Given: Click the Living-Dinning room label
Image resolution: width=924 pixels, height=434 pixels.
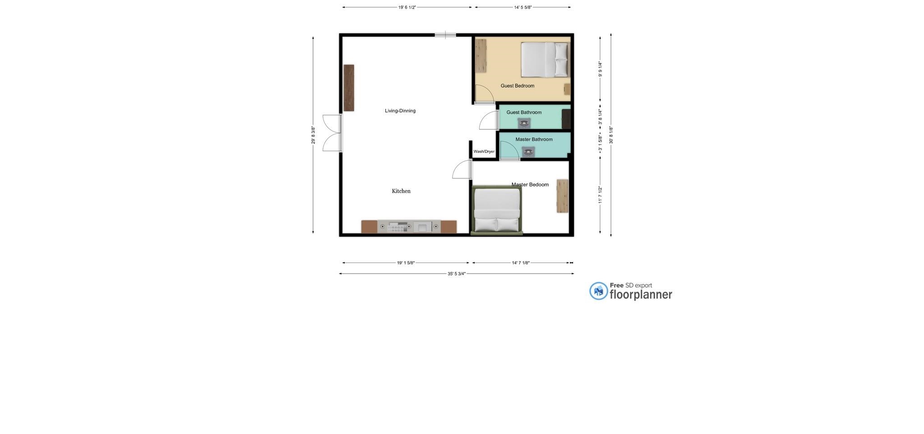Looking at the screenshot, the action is point(400,111).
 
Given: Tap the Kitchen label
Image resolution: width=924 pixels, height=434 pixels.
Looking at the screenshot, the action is point(401,191).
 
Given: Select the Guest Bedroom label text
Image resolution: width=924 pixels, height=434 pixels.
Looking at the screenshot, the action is point(517,86).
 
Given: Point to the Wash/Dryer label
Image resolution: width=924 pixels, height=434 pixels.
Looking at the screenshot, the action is point(484,152).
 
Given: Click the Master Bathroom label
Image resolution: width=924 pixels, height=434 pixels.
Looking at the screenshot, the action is point(534,140).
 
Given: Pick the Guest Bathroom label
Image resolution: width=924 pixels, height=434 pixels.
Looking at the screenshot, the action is point(524,112).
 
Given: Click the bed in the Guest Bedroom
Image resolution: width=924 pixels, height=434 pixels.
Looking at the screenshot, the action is point(545,60).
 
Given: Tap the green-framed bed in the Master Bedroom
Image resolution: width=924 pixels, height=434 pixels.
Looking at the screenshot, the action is point(496,210).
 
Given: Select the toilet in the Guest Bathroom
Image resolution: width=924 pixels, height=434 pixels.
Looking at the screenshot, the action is point(524,123).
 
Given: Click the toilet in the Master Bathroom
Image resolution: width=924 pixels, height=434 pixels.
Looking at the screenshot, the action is point(528,152).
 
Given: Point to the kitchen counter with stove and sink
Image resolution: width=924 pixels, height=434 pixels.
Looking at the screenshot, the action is point(409,227).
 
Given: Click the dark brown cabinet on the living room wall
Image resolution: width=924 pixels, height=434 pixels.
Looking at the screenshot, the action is point(349,88).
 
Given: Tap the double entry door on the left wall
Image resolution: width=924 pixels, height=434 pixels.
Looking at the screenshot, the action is point(333,133).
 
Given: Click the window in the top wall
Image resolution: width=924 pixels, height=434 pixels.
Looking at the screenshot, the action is point(445,35).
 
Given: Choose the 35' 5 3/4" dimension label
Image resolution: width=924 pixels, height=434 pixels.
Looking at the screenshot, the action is point(457,274).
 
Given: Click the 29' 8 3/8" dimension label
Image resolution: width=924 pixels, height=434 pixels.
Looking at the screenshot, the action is point(313,135).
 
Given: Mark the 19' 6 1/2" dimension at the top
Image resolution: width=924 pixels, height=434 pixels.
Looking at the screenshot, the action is point(407,7).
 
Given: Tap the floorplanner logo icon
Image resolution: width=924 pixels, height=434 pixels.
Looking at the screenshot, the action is point(599,291).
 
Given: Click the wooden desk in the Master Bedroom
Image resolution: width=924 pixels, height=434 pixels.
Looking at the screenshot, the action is point(562,196).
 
